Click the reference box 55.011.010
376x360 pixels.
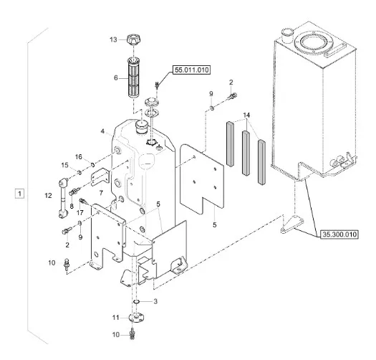click(x=191, y=70)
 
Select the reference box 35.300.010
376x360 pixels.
click(x=339, y=235)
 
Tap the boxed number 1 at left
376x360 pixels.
click(x=19, y=194)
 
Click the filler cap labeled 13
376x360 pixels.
click(x=134, y=39)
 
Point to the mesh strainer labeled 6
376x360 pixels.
click(x=134, y=77)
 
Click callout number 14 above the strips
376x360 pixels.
click(x=246, y=115)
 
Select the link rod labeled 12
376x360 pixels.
click(x=63, y=198)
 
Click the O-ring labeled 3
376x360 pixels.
click(x=137, y=302)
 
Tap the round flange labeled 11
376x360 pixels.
click(x=137, y=318)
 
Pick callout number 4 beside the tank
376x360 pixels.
click(x=103, y=131)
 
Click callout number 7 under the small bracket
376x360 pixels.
click(x=101, y=193)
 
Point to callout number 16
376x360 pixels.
click(x=79, y=157)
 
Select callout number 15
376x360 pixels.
click(x=64, y=165)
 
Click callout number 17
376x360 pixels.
click(x=79, y=212)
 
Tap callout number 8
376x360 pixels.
click(x=72, y=206)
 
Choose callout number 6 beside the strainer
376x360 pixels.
click(x=116, y=78)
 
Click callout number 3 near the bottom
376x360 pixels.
click(x=155, y=301)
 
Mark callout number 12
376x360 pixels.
click(x=48, y=196)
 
